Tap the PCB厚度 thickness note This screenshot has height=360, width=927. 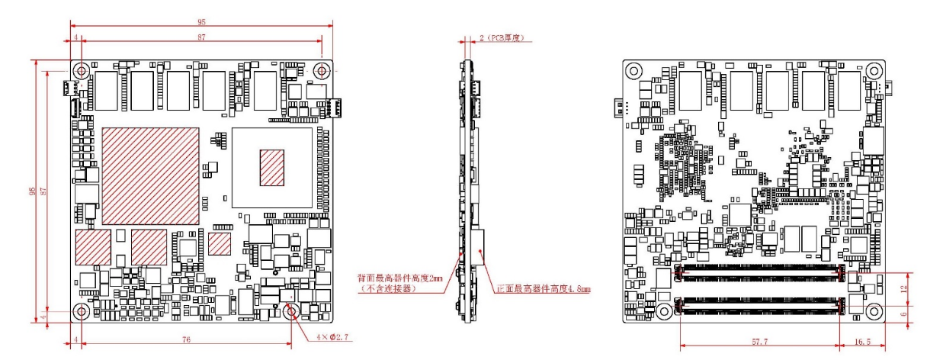coord(505,37)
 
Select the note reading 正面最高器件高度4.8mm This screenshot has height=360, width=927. coord(544,290)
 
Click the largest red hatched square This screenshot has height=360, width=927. coord(150,175)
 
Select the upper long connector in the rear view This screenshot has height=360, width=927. coord(760,272)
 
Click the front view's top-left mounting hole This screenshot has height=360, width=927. coord(82,70)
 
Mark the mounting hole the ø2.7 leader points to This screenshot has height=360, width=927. coord(290,312)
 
